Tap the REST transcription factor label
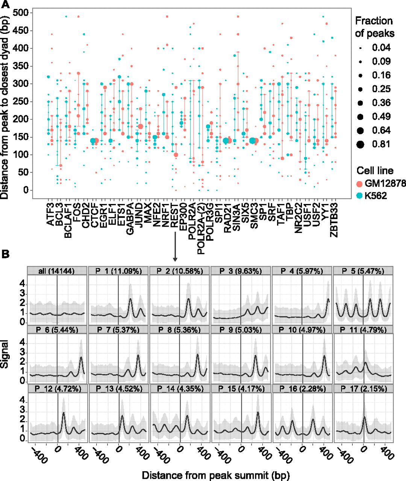click(174, 213)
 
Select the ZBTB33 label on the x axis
click(334, 218)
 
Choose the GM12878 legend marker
click(360, 183)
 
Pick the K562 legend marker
click(360, 196)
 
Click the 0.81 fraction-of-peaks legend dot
click(361, 144)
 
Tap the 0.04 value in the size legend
click(381, 48)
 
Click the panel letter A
click(6, 5)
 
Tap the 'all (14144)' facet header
click(57, 271)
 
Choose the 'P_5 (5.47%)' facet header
click(363, 271)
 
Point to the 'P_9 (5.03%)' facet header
click(241, 330)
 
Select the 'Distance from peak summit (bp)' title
click(216, 475)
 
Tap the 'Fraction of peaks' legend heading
click(374, 27)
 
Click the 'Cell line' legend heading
click(375, 171)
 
